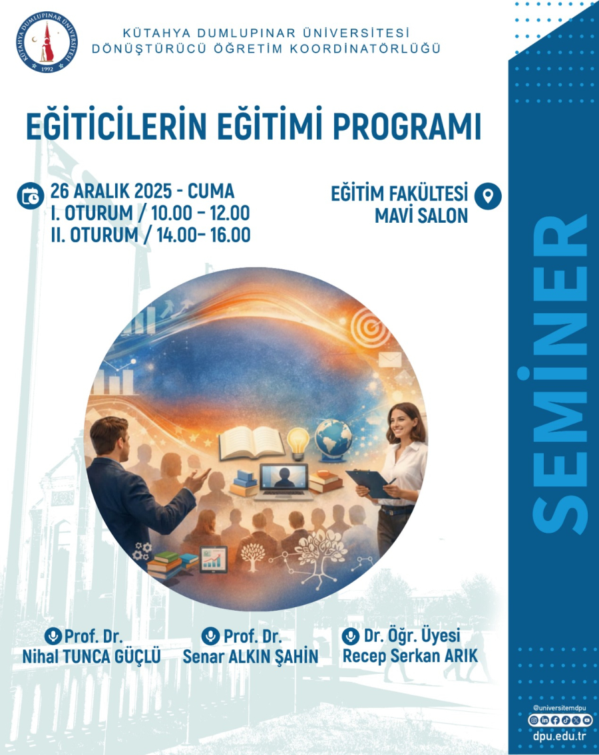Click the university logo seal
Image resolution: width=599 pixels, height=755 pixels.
pos(47,43)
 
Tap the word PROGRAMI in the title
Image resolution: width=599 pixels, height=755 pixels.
pos(407,127)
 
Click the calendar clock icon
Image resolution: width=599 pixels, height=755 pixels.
pos(31,196)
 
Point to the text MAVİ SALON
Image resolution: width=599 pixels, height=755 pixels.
pos(421,216)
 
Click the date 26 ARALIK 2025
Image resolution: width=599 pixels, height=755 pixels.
pos(111,191)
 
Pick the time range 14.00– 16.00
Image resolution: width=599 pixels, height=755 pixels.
pos(204,235)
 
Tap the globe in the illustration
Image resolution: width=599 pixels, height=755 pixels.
pos(333,438)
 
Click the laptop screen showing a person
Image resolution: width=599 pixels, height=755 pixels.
pos(284,476)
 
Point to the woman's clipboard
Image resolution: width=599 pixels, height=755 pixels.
pos(373,484)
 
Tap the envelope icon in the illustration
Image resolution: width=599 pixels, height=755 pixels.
pos(390,359)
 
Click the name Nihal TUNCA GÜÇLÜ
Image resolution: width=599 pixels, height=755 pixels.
pos(92,657)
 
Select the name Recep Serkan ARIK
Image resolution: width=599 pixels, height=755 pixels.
pos(410,656)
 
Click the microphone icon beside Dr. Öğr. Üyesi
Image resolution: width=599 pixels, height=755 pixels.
pos(351,636)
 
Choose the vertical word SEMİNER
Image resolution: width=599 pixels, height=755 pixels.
pos(559,374)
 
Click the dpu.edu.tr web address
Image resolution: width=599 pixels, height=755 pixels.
pos(560,736)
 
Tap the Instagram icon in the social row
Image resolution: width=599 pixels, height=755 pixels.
pos(534,720)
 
